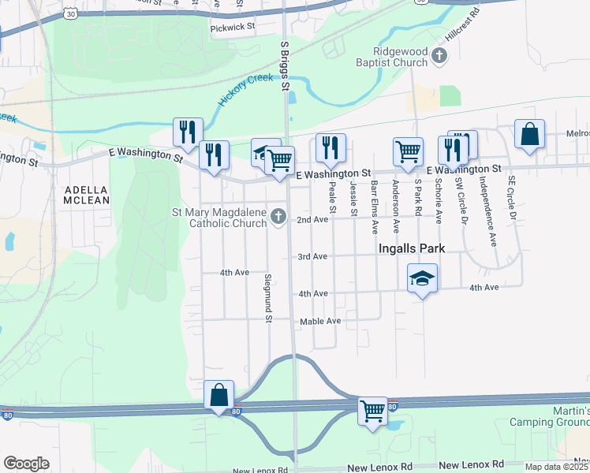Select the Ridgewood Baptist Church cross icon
[x=440, y=55]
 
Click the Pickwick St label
[x=233, y=27]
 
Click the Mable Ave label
[x=320, y=322]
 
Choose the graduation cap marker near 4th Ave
[x=423, y=277]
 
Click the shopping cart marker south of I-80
[x=372, y=410]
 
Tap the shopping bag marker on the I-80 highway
[x=219, y=395]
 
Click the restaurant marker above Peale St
[x=330, y=147]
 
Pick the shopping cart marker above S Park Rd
[x=408, y=150]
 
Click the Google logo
[x=26, y=463]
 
